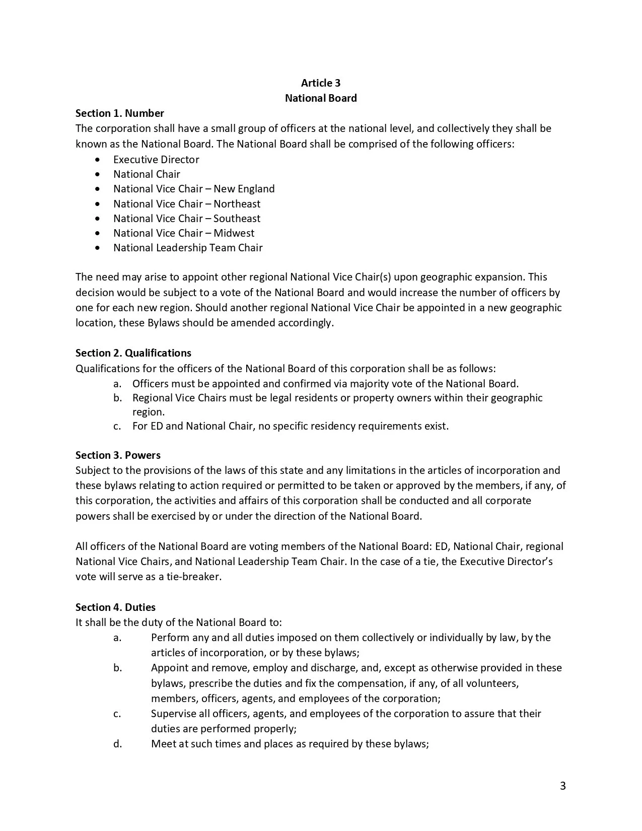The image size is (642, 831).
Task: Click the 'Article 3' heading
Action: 321,83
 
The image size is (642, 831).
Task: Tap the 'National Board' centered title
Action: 321,98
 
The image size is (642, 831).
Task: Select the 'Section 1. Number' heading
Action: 120,113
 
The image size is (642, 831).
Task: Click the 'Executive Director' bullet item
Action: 156,160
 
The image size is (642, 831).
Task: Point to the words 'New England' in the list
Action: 244,189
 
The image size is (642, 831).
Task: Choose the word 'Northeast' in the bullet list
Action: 237,204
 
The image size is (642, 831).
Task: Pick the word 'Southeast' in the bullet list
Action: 237,219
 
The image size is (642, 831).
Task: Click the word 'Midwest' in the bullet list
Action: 234,233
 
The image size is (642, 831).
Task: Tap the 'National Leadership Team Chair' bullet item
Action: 188,248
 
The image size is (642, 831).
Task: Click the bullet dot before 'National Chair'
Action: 97,174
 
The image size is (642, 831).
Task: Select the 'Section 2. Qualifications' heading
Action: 133,353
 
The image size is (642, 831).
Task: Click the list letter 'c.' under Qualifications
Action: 117,426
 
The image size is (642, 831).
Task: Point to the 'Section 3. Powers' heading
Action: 118,455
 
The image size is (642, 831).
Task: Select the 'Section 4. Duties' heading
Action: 115,607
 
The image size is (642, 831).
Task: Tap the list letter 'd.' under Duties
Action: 117,744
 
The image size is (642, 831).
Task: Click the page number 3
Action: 562,786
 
